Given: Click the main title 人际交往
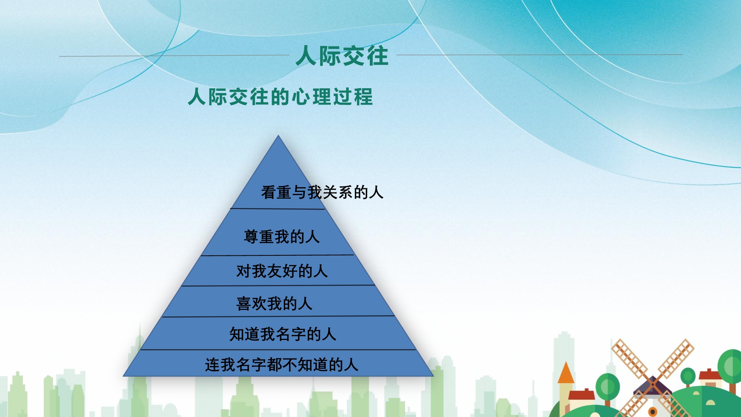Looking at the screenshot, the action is (x=342, y=56).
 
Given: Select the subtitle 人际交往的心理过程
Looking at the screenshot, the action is (x=280, y=97).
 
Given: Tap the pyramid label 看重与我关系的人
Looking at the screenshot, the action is (x=322, y=192).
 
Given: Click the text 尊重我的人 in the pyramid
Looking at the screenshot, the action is (x=282, y=236).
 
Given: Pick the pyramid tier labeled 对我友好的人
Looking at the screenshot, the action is (x=282, y=271).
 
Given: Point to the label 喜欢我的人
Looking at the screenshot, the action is (x=274, y=304).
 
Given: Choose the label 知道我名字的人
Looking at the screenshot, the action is (x=283, y=334).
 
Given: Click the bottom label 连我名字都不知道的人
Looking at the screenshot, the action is (x=282, y=365).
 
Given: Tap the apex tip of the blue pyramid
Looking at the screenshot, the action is (x=278, y=136).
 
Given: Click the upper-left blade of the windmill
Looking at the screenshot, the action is (x=630, y=357).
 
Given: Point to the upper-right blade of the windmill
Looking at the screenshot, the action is (x=675, y=357).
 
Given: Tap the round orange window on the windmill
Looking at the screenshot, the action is (x=653, y=411).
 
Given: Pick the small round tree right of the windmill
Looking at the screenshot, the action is (x=688, y=377).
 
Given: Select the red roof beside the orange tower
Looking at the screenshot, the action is (x=581, y=394).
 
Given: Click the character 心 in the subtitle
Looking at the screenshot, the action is (x=301, y=97).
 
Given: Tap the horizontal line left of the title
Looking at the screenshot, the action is (x=174, y=56).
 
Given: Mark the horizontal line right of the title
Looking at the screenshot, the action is (x=539, y=55).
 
